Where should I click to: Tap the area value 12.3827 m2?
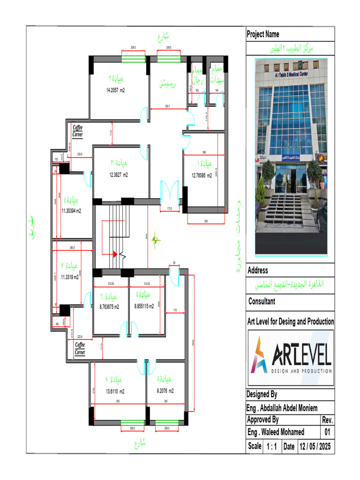click(x=118, y=174)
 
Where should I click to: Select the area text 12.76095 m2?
click(x=202, y=176)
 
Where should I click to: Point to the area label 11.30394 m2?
click(x=71, y=211)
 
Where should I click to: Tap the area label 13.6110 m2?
click(x=115, y=391)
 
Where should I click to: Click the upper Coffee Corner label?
click(x=78, y=131)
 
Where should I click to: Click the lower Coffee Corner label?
click(x=80, y=348)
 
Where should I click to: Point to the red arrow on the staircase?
click(x=114, y=254)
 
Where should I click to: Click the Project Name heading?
click(x=263, y=34)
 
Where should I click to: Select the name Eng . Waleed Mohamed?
click(x=276, y=432)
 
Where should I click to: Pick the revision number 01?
click(x=327, y=432)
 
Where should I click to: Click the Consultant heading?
click(x=262, y=301)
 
